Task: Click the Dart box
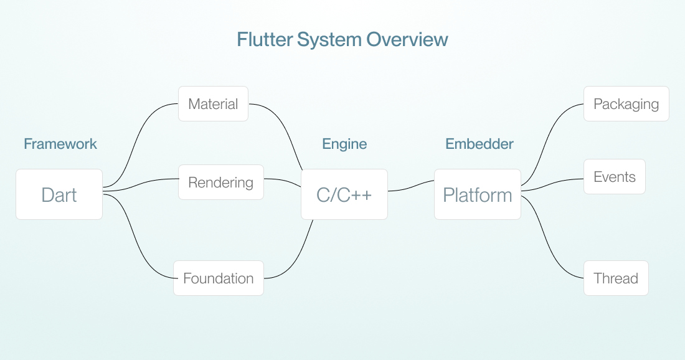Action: click(x=59, y=194)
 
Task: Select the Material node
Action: click(x=213, y=104)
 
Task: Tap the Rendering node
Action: click(x=220, y=182)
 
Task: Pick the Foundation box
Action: click(x=218, y=278)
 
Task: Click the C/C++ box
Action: click(x=344, y=194)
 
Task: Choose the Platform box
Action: click(x=477, y=194)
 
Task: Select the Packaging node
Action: click(x=626, y=104)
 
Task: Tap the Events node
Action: click(x=614, y=177)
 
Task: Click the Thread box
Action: click(x=615, y=278)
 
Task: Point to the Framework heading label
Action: click(x=60, y=144)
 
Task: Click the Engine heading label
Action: click(x=344, y=144)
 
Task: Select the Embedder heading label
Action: click(x=479, y=144)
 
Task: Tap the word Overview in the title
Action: click(x=407, y=40)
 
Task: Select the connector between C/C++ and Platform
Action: click(x=411, y=186)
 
